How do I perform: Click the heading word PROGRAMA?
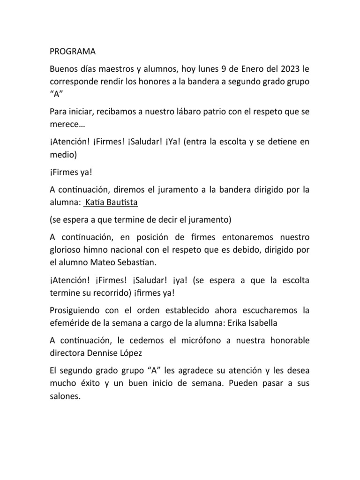72,51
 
